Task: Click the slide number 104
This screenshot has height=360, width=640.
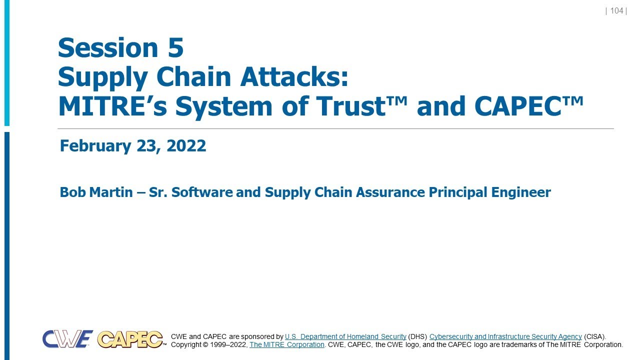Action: [616, 11]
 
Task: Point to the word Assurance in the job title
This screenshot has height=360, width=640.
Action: [388, 192]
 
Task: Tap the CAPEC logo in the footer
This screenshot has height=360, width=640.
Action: [130, 339]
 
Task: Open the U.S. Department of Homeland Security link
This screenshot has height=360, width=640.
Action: [345, 336]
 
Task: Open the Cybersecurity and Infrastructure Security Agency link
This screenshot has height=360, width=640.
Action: [505, 336]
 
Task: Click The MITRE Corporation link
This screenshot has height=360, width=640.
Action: [287, 344]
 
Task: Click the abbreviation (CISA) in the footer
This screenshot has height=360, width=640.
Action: [595, 336]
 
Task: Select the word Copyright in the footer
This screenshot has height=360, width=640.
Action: [187, 344]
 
